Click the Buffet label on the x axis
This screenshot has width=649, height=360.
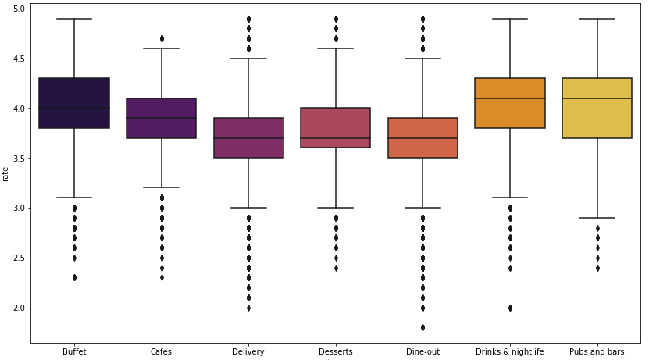74,351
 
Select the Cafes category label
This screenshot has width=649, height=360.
161,351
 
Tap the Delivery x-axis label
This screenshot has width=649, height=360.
248,351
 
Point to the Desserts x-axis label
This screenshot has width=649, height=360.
336,351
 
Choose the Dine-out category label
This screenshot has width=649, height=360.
423,351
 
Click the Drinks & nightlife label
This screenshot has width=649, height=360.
509,351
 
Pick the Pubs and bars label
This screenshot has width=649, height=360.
597,351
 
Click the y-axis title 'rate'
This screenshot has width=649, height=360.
5,174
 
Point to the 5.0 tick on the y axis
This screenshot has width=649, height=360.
19,9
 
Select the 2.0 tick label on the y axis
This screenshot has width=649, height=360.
19,308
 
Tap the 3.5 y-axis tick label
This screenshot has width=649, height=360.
19,159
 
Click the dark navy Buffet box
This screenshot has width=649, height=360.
74,103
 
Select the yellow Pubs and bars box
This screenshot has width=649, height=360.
597,108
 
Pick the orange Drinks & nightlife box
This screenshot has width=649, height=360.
510,103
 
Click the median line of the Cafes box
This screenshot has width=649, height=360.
161,118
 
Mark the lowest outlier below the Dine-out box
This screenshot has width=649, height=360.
423,328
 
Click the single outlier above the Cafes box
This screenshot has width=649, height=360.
162,39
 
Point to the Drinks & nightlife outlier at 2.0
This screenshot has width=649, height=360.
510,308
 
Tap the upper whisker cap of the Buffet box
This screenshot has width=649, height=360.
74,19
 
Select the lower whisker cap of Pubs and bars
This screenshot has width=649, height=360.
597,218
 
